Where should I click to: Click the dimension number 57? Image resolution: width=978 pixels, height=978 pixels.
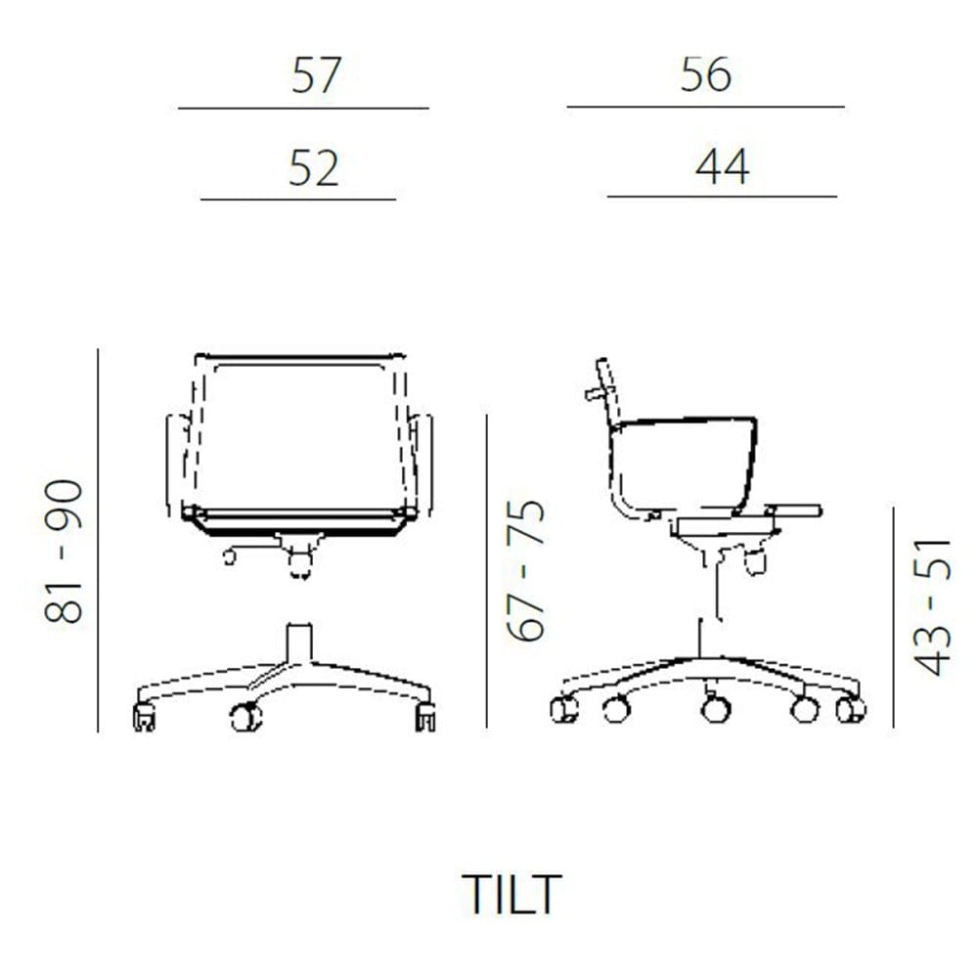(316, 75)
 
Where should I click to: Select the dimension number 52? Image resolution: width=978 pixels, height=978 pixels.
(314, 168)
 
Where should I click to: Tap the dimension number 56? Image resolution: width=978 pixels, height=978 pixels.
(705, 75)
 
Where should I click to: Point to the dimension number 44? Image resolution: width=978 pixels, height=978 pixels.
(722, 166)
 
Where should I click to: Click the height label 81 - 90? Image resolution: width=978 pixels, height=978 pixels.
(64, 552)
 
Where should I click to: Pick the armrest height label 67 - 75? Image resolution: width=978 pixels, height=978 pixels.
(526, 570)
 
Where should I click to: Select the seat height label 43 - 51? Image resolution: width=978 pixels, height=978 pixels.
(932, 607)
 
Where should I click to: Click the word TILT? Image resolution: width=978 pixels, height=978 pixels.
(511, 894)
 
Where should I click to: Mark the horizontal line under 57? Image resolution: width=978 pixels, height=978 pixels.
(303, 109)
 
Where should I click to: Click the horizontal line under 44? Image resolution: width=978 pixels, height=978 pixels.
(723, 197)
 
